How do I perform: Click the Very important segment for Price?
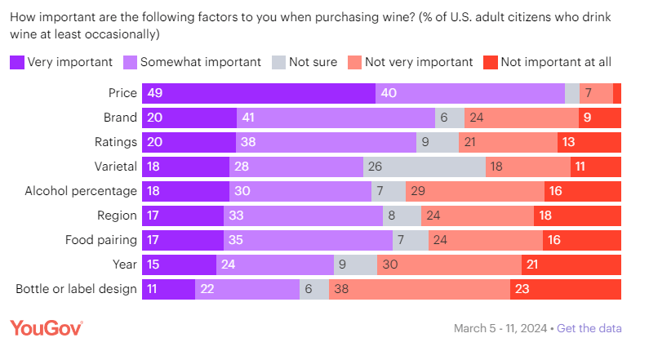click(x=259, y=93)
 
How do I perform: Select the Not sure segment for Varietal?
click(x=425, y=167)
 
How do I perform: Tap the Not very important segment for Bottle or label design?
click(x=420, y=290)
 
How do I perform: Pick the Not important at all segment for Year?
click(x=571, y=265)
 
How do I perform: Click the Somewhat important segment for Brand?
click(x=336, y=118)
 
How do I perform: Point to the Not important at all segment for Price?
click(x=617, y=93)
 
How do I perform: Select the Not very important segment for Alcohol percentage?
click(x=475, y=192)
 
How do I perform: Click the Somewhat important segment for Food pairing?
click(x=308, y=241)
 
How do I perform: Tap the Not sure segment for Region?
click(x=402, y=216)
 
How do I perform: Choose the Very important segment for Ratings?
click(x=189, y=142)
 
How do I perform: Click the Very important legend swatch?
click(x=16, y=62)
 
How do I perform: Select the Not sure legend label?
click(x=313, y=62)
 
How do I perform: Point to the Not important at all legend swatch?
click(x=490, y=62)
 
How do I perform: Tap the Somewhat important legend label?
click(x=201, y=62)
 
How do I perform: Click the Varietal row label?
click(x=114, y=167)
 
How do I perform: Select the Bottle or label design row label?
click(x=77, y=290)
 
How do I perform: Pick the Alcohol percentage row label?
click(x=81, y=192)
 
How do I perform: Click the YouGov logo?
click(x=47, y=328)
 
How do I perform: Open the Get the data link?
click(x=589, y=328)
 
